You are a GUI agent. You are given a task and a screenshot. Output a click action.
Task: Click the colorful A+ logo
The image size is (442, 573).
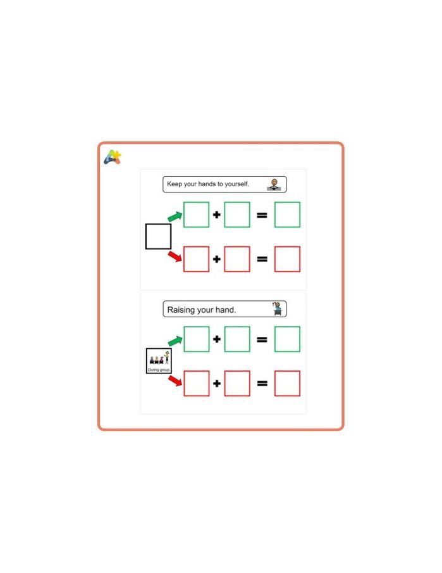(x=113, y=157)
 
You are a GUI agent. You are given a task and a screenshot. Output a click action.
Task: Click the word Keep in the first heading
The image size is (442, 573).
(x=174, y=184)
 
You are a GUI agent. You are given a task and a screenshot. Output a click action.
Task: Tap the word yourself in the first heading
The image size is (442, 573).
(x=236, y=184)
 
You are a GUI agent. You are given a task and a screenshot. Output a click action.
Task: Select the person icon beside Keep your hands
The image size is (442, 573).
(x=274, y=184)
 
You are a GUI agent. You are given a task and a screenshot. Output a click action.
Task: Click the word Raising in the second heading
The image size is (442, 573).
(x=181, y=310)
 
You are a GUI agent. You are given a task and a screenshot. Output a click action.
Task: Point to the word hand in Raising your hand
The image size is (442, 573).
(x=225, y=310)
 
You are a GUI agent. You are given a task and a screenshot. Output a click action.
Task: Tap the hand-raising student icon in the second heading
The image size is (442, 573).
(x=278, y=309)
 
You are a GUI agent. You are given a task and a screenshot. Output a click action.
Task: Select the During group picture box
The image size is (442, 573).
(x=159, y=361)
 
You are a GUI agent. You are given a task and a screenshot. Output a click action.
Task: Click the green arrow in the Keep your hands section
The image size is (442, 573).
(x=175, y=217)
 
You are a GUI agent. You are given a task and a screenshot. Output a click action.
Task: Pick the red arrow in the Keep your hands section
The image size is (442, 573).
(x=175, y=256)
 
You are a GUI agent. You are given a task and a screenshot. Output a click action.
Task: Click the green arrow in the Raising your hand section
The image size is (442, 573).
(x=175, y=341)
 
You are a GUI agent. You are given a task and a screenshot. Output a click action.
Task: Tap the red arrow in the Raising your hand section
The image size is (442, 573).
(x=175, y=381)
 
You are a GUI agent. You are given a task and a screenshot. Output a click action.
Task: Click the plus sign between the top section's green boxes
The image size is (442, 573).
(x=217, y=215)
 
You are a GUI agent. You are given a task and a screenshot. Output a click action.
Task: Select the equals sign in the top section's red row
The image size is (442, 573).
(x=262, y=259)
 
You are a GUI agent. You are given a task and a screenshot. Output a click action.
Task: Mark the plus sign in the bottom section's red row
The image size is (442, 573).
(x=217, y=383)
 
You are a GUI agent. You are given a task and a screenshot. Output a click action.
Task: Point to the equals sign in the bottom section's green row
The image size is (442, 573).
(x=262, y=339)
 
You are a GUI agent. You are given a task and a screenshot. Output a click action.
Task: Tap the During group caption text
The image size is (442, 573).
(x=159, y=370)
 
